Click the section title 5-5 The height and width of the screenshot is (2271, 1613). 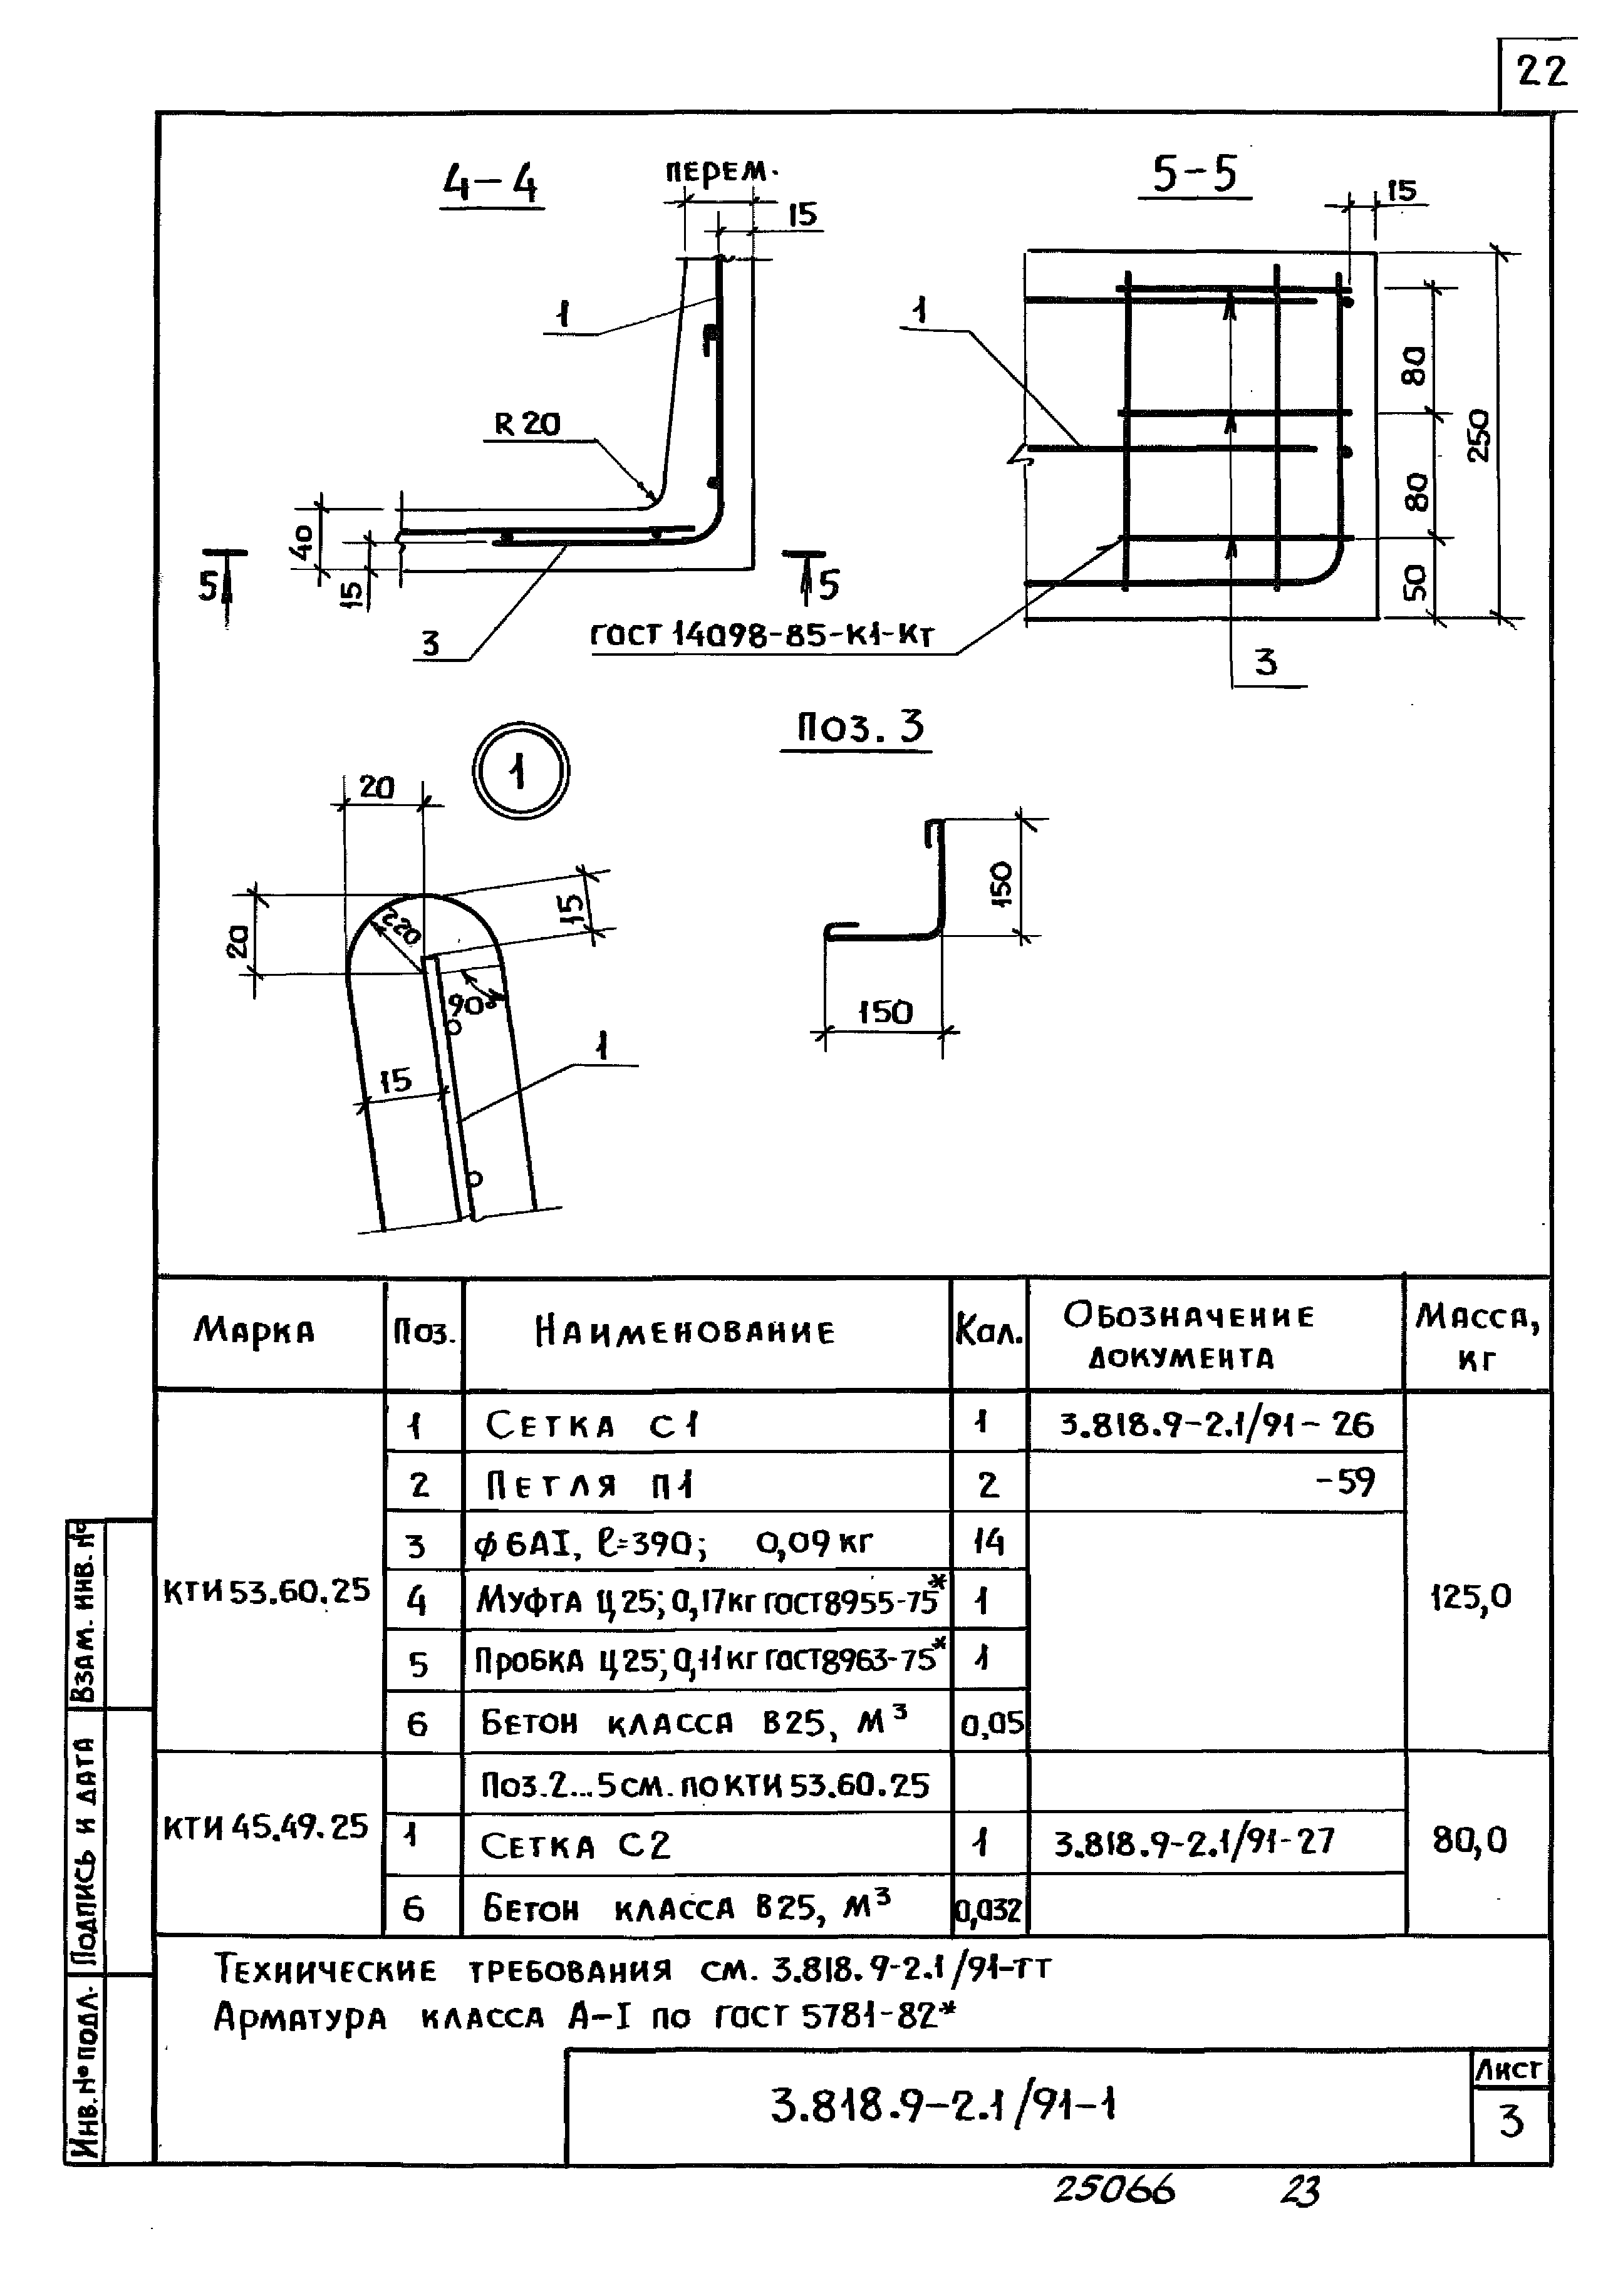point(1195,175)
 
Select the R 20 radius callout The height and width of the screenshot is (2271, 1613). point(527,425)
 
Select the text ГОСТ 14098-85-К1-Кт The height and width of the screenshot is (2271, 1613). point(763,634)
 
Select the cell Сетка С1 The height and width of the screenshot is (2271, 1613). point(593,1426)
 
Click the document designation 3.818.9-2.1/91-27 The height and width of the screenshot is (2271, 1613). point(1194,1843)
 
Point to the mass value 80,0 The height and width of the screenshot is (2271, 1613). point(1470,1841)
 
